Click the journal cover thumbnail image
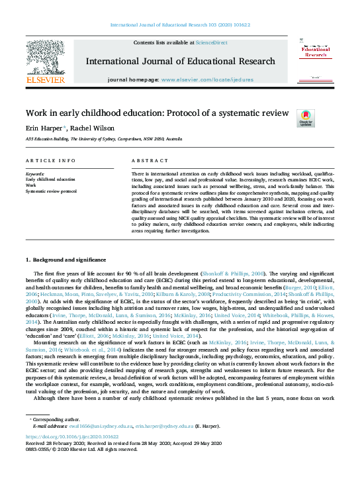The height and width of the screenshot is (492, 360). [315, 61]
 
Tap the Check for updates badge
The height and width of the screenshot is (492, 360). [306, 118]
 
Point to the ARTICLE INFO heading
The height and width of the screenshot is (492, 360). [50, 161]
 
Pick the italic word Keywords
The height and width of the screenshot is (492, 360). [34, 174]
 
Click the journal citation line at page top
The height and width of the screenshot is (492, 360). [180, 25]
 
